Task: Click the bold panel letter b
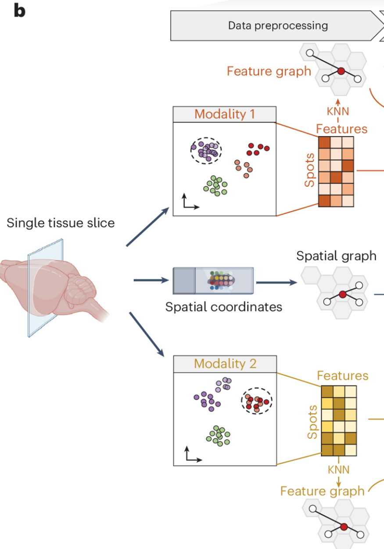coord(20,11)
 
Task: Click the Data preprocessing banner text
coord(278,26)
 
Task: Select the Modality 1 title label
coord(225,114)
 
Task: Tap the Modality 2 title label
coord(225,364)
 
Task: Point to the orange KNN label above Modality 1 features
coord(338,112)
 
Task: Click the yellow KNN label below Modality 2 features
coord(339,470)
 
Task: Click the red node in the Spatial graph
coord(343,294)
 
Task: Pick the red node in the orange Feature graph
coord(341,71)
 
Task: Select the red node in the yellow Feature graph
coord(344,527)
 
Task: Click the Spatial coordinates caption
coord(223,307)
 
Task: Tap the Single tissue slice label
coord(61,223)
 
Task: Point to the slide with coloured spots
coord(213,281)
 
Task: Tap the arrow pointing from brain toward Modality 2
coord(147,334)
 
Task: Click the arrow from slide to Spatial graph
coord(277,282)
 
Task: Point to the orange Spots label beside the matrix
coord(309,170)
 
